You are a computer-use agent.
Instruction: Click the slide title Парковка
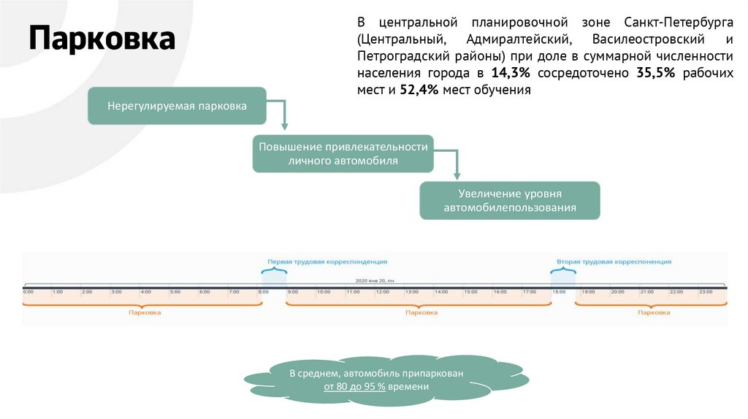point(102,39)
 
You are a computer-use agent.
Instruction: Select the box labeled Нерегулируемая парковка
point(177,107)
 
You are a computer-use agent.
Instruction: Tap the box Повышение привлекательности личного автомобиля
point(343,153)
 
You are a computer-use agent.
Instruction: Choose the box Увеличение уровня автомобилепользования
point(509,201)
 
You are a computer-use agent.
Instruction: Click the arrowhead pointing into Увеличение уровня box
point(457,175)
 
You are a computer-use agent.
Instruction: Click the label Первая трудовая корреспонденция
point(327,261)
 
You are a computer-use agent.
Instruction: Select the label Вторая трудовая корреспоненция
point(614,261)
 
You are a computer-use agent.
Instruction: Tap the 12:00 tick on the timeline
point(382,292)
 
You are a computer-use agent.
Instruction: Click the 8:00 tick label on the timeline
point(264,292)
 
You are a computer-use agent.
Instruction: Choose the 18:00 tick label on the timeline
point(559,292)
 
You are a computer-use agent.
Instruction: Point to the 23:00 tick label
point(706,292)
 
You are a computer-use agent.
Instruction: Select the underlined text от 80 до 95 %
point(355,387)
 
